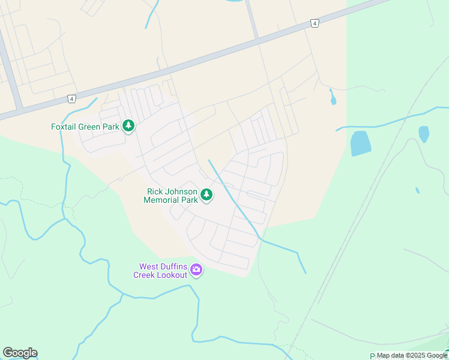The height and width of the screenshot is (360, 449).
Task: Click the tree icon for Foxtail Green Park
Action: point(128,126)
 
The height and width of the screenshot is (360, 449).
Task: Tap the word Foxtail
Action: point(65,127)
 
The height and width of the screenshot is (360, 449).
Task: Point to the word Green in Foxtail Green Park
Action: point(92,127)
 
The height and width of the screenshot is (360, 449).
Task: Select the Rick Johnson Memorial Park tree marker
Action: point(206,194)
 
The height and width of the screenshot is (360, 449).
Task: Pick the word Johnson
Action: point(181,191)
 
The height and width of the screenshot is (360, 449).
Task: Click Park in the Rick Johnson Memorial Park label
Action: point(190,200)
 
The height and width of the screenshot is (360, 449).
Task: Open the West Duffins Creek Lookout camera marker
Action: point(196,271)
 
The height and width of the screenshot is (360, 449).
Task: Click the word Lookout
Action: point(172,275)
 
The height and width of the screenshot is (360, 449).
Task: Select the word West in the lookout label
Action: point(150,266)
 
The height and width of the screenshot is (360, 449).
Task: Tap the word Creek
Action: point(145,275)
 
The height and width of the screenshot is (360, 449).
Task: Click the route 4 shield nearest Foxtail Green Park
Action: point(71,98)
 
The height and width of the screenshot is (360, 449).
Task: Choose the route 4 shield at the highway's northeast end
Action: point(314,23)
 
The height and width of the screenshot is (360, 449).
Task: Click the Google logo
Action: point(20,353)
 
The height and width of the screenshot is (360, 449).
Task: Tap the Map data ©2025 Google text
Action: point(412,356)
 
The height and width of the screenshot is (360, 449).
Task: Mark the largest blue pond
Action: point(360,143)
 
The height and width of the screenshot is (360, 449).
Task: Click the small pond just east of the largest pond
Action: point(424,134)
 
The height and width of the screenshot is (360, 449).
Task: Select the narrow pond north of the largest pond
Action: point(333,97)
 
